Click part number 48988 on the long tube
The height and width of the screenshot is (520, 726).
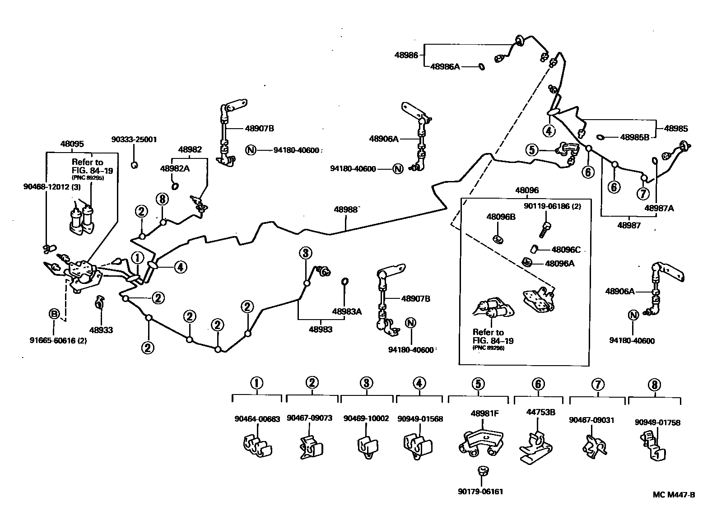[345, 209]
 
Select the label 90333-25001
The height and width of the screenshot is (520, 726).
[134, 139]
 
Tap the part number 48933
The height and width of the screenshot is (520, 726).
[101, 330]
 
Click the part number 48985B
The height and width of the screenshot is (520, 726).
[634, 137]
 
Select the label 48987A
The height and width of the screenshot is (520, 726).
[659, 208]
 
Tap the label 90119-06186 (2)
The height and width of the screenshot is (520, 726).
[552, 206]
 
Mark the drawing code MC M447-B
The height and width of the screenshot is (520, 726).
[674, 495]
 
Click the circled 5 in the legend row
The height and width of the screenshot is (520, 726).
[478, 384]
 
